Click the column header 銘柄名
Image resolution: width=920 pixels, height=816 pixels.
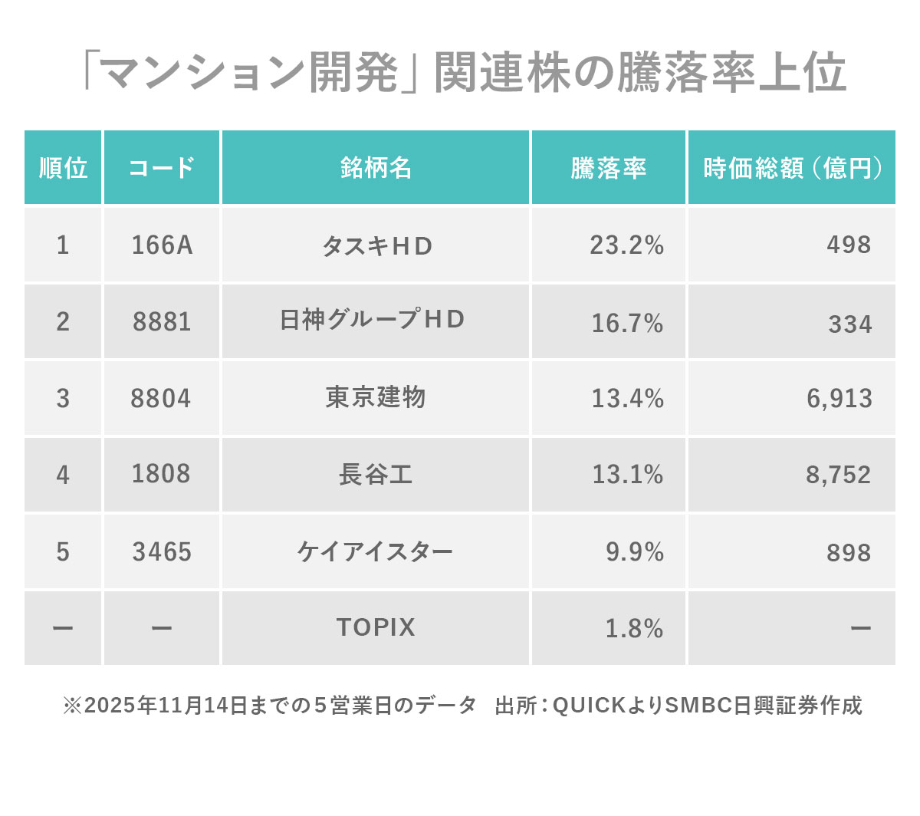pyautogui.click(x=376, y=168)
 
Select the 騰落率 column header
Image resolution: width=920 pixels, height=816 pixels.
pyautogui.click(x=608, y=168)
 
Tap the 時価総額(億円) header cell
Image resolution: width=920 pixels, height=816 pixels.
pyautogui.click(x=791, y=168)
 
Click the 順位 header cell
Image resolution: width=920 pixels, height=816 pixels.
pyautogui.click(x=63, y=168)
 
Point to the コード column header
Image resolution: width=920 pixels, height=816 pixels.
pyautogui.click(x=162, y=168)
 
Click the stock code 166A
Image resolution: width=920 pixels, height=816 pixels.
pyautogui.click(x=162, y=245)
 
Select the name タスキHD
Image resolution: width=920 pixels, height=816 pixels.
pyautogui.click(x=376, y=246)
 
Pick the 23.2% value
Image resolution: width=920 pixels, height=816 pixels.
pyautogui.click(x=626, y=245)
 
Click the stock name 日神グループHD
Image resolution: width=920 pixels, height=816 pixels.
pyautogui.click(x=373, y=320)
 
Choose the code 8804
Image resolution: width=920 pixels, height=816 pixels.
pyautogui.click(x=161, y=399)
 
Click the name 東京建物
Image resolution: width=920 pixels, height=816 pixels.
pyautogui.click(x=376, y=397)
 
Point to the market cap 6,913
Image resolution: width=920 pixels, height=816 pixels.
pyautogui.click(x=839, y=399)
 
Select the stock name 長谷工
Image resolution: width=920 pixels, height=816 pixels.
pyautogui.click(x=376, y=475)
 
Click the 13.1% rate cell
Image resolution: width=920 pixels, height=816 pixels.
pyautogui.click(x=627, y=475)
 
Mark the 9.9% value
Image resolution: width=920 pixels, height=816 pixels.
pyautogui.click(x=635, y=552)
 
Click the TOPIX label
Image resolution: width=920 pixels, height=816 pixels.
pyautogui.click(x=376, y=627)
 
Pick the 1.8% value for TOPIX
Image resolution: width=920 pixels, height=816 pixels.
pyautogui.click(x=634, y=629)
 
